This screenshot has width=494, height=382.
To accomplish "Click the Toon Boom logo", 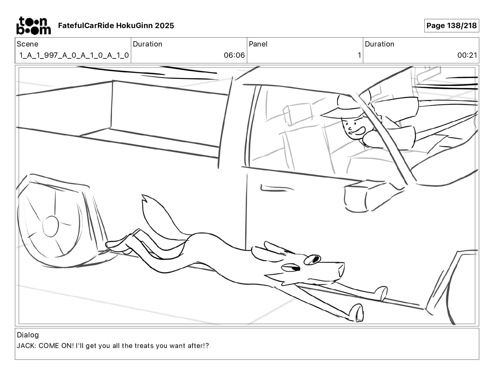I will [33, 26].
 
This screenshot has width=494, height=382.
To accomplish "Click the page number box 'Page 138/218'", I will [451, 26].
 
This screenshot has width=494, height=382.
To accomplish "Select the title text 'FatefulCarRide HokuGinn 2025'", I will [116, 26].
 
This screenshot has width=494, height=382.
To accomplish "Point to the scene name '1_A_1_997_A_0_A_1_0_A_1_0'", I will [74, 56].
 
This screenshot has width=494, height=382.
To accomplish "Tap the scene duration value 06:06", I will [234, 56].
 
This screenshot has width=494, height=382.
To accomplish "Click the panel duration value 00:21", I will [467, 56].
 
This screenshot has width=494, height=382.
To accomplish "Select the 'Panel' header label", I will [258, 44].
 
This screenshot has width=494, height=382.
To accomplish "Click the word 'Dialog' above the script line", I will [28, 335].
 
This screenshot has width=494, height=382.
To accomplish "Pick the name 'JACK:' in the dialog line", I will [27, 346].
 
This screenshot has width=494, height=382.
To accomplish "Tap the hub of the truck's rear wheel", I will [50, 226].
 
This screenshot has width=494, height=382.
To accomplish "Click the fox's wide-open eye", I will [313, 259].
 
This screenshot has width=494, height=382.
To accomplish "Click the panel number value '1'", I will [359, 56].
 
